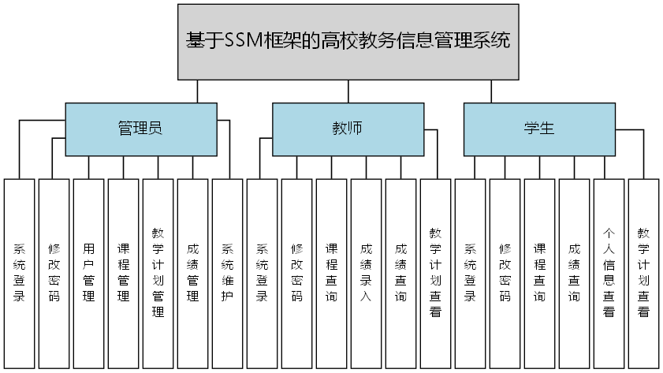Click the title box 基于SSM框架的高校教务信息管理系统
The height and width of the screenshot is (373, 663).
click(x=348, y=41)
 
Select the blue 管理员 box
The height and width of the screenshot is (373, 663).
click(x=140, y=129)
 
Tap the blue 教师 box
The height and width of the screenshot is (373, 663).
click(x=347, y=129)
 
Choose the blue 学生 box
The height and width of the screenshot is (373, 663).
click(x=539, y=129)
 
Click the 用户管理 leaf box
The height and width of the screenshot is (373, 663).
click(x=88, y=273)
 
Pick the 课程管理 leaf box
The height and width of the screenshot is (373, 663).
click(x=123, y=273)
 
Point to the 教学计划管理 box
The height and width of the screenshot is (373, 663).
click(x=158, y=273)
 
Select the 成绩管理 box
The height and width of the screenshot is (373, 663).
click(x=192, y=273)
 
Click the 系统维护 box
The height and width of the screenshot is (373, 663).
click(x=227, y=273)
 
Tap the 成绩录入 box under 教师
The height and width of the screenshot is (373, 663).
click(x=366, y=273)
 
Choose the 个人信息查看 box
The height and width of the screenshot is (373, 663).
click(x=609, y=273)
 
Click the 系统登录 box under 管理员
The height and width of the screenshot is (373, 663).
click(x=19, y=273)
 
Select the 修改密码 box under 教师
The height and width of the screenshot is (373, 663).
click(x=296, y=273)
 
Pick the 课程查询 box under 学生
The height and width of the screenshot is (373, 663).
click(x=539, y=273)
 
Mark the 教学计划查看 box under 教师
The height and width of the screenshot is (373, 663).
click(x=435, y=273)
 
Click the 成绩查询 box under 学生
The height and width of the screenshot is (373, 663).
click(x=574, y=273)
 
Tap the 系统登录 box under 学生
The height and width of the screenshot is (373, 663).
click(x=470, y=273)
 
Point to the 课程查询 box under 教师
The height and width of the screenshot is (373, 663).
click(x=331, y=273)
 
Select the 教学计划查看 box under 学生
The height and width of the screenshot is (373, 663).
click(x=643, y=273)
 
